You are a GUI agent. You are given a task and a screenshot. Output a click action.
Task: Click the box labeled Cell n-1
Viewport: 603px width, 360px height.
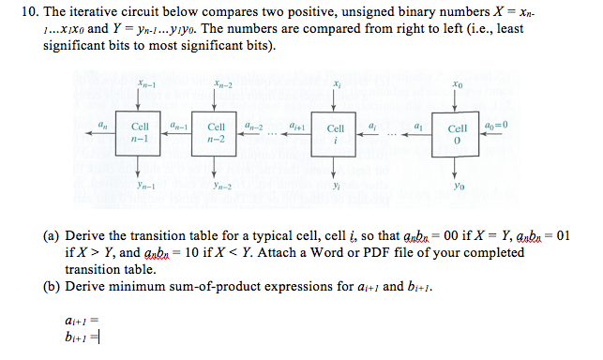point(141,132)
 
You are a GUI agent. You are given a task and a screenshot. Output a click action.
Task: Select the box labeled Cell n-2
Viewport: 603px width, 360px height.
point(216,132)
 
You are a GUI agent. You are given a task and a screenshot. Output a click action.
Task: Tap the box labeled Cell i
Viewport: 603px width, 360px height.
point(336,132)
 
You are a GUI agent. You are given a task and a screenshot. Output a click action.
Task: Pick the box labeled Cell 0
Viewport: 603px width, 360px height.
point(458,132)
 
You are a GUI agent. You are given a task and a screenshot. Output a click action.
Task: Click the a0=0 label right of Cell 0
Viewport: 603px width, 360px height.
point(498,125)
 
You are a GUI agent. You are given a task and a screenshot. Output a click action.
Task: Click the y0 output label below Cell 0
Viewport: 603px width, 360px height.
point(458,186)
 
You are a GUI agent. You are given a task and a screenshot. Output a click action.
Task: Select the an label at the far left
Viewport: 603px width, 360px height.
point(102,125)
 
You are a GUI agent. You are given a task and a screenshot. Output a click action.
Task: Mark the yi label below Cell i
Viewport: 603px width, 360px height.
point(336,186)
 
